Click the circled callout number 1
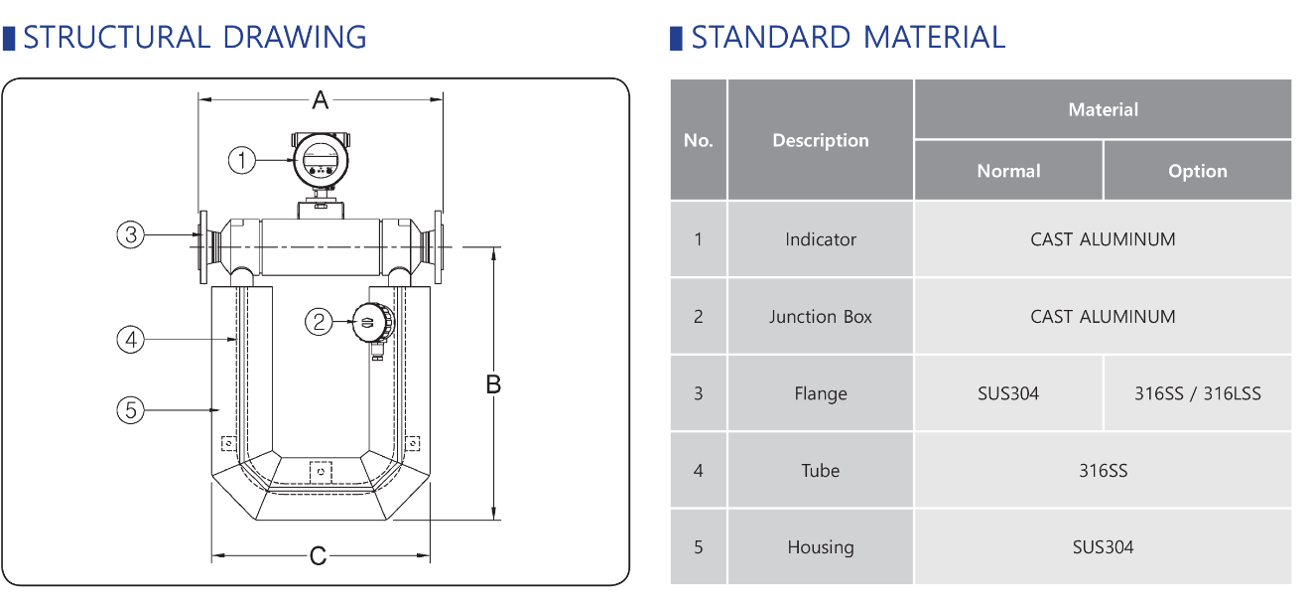[241, 160]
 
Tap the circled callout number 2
[319, 322]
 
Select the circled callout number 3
[130, 234]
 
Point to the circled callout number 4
[130, 340]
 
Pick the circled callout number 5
[130, 410]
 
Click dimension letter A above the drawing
[320, 100]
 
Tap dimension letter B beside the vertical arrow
[493, 384]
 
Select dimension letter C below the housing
[318, 556]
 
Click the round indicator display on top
[321, 159]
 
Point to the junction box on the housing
[373, 323]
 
